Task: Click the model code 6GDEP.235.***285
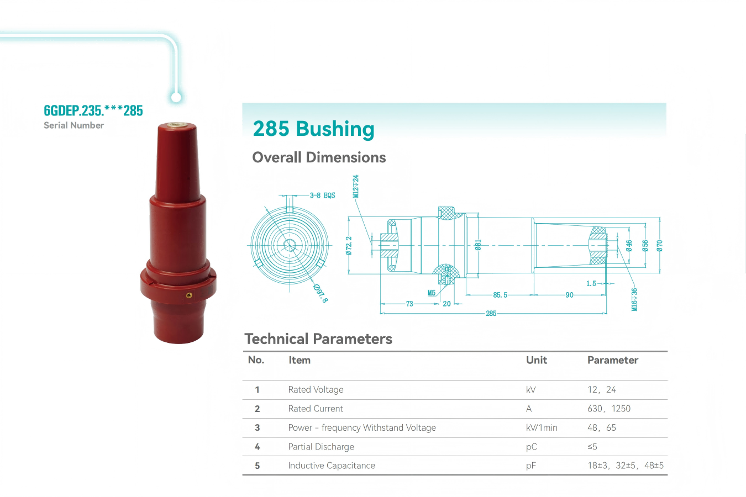(x=93, y=110)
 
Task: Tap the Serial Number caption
(x=73, y=125)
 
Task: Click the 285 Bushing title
(x=314, y=129)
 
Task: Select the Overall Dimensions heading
(x=319, y=157)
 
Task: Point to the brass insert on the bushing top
(x=177, y=125)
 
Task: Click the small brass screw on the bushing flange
(x=189, y=295)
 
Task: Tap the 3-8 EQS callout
(x=322, y=195)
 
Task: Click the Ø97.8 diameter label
(x=321, y=293)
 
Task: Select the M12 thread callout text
(x=356, y=187)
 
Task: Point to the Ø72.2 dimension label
(x=349, y=246)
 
